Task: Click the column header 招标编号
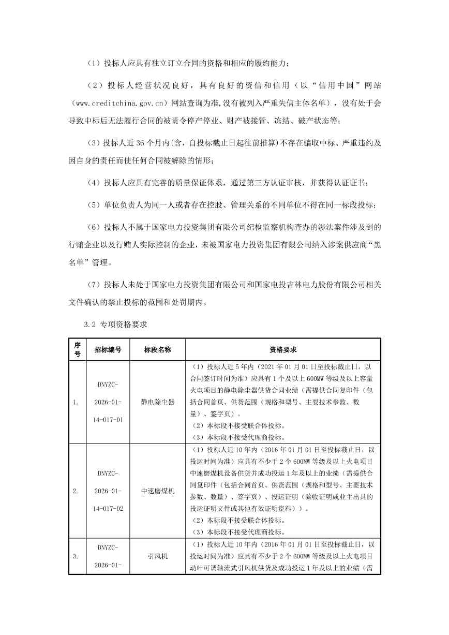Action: [108, 349]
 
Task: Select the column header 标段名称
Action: [157, 349]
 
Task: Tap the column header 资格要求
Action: [283, 349]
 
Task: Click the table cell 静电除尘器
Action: [157, 402]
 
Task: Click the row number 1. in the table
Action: [77, 402]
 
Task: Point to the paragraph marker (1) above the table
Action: [93, 64]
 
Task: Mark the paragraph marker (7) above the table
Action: [93, 284]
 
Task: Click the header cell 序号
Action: [77, 349]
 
